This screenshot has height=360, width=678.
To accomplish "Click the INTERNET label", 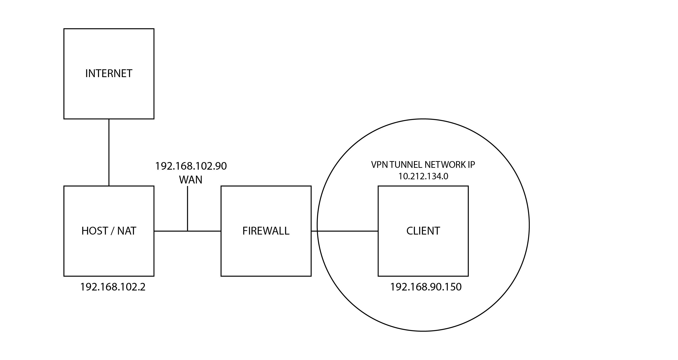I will [109, 73].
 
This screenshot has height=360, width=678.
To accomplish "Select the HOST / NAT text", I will [109, 231].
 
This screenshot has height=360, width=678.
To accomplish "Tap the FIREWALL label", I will [266, 231].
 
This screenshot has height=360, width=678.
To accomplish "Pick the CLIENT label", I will [423, 231].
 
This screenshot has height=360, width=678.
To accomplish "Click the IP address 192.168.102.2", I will [113, 287].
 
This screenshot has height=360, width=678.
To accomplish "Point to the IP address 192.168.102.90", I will [191, 166].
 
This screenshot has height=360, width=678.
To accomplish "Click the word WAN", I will [191, 180].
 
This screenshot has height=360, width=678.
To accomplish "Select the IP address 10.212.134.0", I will [423, 176].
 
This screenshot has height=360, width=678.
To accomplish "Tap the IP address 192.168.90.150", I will [426, 287].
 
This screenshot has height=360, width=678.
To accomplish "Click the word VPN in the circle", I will [379, 165].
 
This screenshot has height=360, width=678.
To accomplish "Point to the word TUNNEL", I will [406, 165].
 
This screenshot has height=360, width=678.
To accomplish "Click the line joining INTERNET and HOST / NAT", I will [109, 152].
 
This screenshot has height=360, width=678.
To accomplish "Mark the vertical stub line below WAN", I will [187, 208].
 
